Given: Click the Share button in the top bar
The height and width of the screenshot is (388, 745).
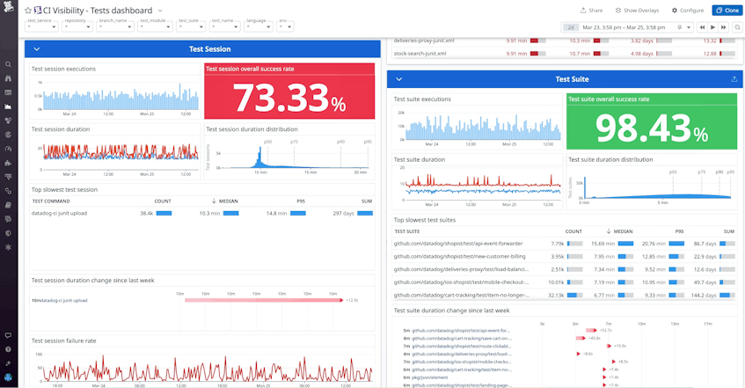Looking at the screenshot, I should (591, 10).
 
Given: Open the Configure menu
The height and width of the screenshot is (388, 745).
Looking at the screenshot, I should (688, 10).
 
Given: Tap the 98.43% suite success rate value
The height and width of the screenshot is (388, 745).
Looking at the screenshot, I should (651, 128).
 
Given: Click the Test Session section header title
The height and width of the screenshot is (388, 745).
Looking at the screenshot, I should (210, 49).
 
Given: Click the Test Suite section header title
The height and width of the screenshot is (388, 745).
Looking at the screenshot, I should (573, 79).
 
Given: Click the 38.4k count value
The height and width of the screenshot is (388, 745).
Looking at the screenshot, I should (147, 213).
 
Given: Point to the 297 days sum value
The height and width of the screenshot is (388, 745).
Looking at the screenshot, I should (344, 213).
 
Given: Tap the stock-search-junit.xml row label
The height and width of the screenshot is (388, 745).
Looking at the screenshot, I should (424, 53).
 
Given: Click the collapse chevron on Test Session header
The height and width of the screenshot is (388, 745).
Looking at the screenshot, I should (36, 49).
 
